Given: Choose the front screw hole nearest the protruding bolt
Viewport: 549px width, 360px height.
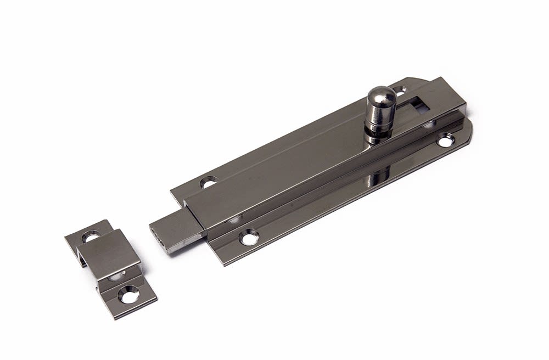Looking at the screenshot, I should pos(249,238).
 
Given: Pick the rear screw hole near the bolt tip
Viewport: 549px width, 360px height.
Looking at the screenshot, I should pos(208,182).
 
